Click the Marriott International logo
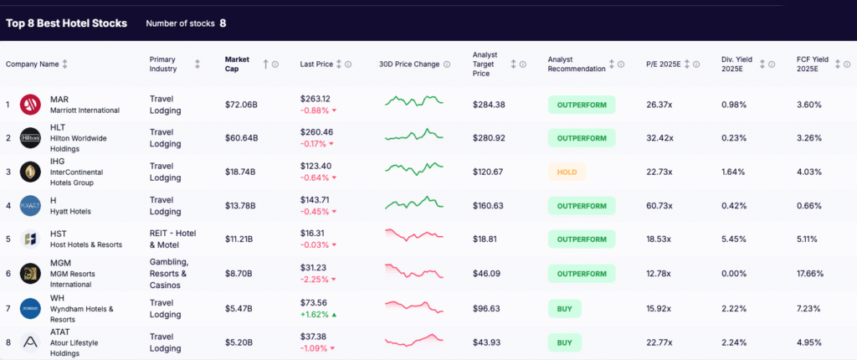31,105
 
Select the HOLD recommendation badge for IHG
567,172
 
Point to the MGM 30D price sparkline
413,272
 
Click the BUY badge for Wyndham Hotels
565,309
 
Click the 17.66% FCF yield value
812,272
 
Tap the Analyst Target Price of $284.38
489,105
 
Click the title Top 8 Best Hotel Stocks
67,23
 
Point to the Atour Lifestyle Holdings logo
31,342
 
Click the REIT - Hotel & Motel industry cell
171,239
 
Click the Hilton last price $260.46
316,132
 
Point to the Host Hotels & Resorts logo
31,239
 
